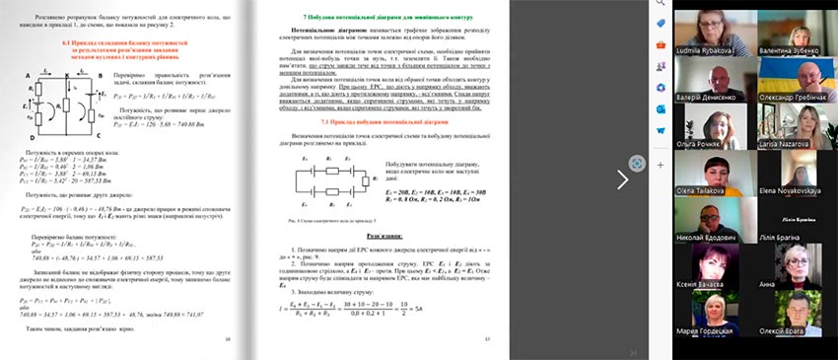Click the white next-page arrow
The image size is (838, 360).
(623, 179)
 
